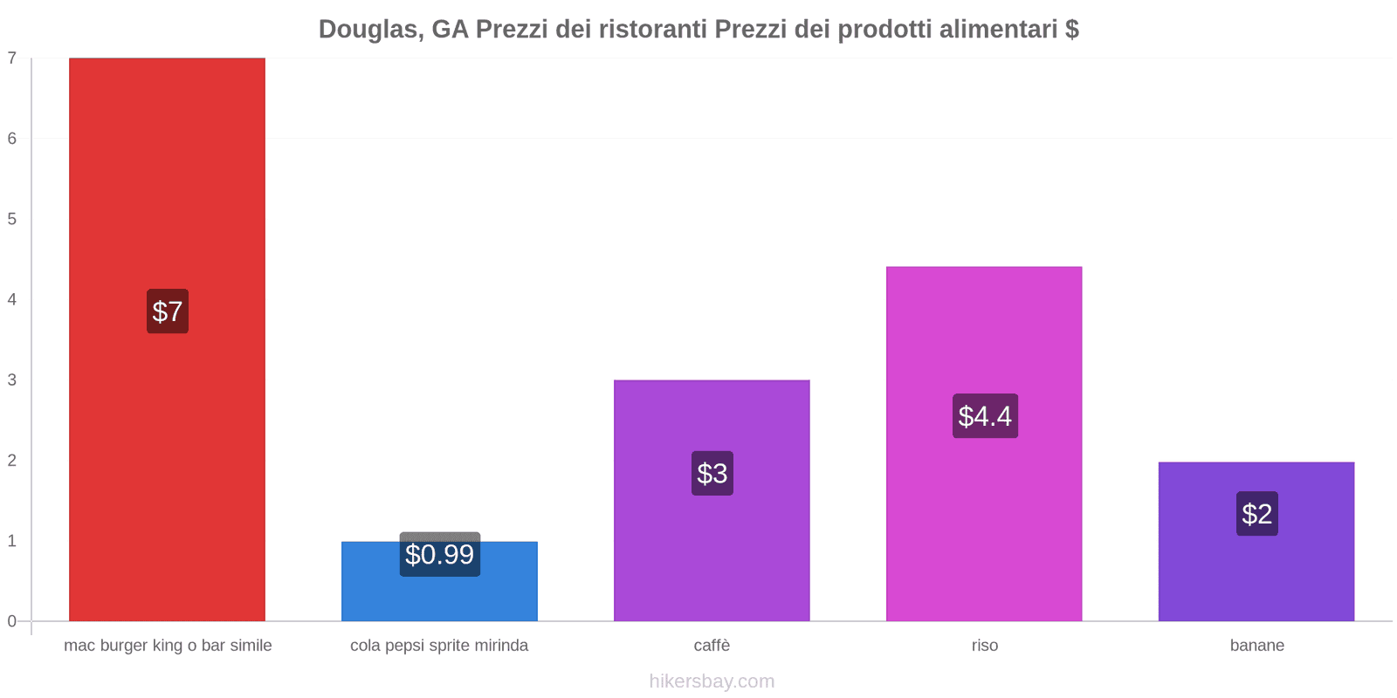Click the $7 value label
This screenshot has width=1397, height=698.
[x=168, y=311]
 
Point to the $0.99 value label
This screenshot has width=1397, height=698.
[x=439, y=555]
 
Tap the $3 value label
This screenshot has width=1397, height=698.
[x=712, y=474]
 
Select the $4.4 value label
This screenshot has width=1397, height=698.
[x=985, y=416]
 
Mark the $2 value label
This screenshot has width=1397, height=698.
[x=1257, y=514]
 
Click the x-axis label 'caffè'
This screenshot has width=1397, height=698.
[x=712, y=646]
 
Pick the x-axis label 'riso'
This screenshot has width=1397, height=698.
[x=984, y=646]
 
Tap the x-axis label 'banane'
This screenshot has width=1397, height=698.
[x=1256, y=646]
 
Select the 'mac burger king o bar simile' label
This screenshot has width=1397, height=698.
[x=168, y=646]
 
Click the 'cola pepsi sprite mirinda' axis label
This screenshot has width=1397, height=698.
[x=439, y=646]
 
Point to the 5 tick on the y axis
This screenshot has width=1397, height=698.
[x=12, y=219]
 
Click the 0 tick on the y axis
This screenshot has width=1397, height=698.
[x=12, y=621]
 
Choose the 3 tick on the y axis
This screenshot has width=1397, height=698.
[x=12, y=380]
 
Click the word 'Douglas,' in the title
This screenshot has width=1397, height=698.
[x=371, y=30]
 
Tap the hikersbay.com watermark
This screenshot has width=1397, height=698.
[x=712, y=681]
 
